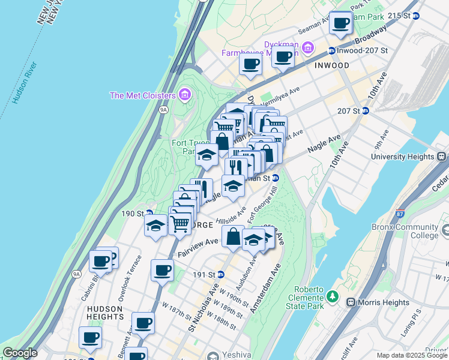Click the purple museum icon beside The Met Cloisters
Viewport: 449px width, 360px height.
tap(185, 95)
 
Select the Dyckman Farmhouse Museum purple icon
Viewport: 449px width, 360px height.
tap(308, 47)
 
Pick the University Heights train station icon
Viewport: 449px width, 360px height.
tap(442, 157)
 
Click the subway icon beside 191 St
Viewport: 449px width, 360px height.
tap(221, 274)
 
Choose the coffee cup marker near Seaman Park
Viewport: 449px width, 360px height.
tap(341, 24)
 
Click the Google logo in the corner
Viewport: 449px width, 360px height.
tap(19, 353)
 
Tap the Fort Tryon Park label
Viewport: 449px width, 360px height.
tap(185, 147)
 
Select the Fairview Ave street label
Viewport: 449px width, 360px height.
tap(197, 248)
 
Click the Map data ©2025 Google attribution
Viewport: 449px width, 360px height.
tap(411, 355)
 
